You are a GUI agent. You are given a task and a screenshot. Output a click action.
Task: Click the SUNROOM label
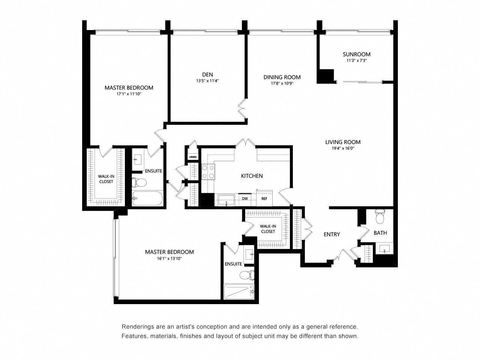pyautogui.click(x=356, y=54)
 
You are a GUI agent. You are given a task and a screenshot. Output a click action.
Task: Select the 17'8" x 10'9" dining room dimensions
pyautogui.click(x=282, y=84)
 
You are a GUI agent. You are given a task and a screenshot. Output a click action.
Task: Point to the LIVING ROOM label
pyautogui.click(x=343, y=142)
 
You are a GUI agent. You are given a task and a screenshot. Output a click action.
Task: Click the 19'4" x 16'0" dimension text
pyautogui.click(x=343, y=148)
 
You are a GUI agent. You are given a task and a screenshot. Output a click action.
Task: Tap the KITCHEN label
pyautogui.click(x=252, y=175)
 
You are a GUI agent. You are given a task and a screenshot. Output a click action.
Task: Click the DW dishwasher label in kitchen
pyautogui.click(x=244, y=199)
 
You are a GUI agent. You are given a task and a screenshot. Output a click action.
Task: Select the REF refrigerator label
pyautogui.click(x=264, y=199)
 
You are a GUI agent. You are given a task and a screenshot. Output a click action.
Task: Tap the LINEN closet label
pyautogui.click(x=193, y=157)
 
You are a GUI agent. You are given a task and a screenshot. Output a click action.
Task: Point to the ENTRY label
pyautogui.click(x=331, y=234)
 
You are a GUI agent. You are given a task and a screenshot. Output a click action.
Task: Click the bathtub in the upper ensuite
pyautogui.click(x=148, y=198)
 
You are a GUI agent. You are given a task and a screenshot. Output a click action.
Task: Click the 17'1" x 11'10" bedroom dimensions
pyautogui.click(x=129, y=94)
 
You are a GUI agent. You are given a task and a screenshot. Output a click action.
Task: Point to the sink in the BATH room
pyautogui.click(x=384, y=249)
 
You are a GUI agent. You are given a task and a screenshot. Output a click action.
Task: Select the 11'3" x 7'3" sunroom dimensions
pyautogui.click(x=356, y=60)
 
